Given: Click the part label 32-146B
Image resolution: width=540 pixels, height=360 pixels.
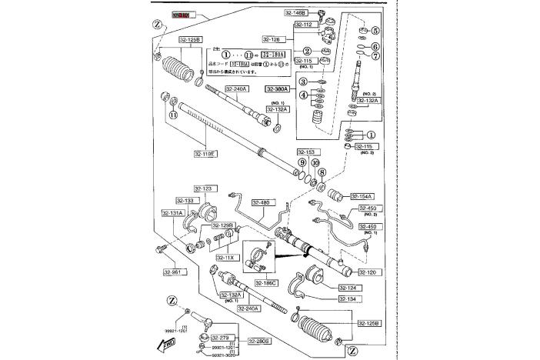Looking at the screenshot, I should pyautogui.click(x=295, y=13).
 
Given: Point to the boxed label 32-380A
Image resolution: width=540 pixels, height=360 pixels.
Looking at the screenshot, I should pyautogui.click(x=279, y=89).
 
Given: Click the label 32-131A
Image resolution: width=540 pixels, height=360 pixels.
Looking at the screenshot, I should pyautogui.click(x=174, y=213).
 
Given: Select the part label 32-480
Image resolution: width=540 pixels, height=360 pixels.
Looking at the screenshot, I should pyautogui.click(x=262, y=204).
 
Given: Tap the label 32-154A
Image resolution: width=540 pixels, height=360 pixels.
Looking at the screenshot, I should pyautogui.click(x=364, y=196).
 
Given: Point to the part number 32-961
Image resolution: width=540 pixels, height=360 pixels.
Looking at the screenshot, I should pyautogui.click(x=173, y=272).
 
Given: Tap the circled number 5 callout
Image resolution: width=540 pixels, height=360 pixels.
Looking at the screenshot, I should pyautogui.click(x=375, y=31).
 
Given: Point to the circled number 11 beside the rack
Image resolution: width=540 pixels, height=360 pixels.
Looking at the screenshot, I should pyautogui.click(x=173, y=115).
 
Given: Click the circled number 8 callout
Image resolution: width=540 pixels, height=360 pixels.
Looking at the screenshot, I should pyautogui.click(x=322, y=172).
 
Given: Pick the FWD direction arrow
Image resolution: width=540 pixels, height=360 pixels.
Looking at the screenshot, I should pyautogui.click(x=167, y=345).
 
